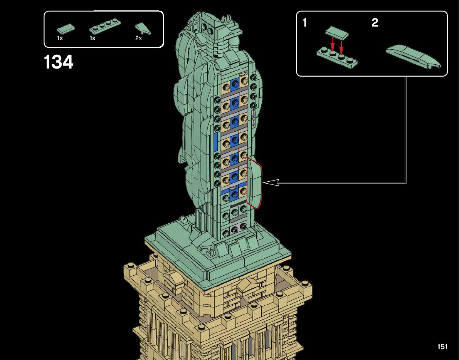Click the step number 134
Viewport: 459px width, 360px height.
(x=58, y=62)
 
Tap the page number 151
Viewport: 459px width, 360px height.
(x=442, y=347)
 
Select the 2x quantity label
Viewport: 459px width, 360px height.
(x=138, y=39)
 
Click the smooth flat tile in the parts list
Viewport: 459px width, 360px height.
(x=66, y=28)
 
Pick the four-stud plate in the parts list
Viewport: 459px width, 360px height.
(x=105, y=26)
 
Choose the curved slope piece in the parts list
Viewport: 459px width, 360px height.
(x=143, y=28)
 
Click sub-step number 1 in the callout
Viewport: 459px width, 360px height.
(x=305, y=22)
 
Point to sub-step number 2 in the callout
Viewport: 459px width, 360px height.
(x=375, y=22)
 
